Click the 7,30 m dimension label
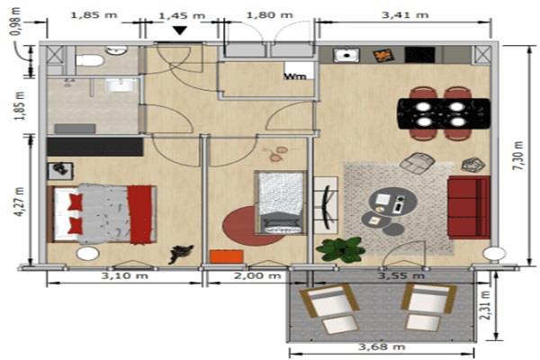pos(519,156)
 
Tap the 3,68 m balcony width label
pos(382,346)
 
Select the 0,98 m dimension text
pos(16,22)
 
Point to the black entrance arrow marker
pos(180,31)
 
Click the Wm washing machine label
pos(295,76)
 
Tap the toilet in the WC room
pos(89,61)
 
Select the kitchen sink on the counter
pos(346,55)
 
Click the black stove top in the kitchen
pos(419,55)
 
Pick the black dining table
pos(444,113)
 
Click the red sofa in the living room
pos(469,207)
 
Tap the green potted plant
pos(340,248)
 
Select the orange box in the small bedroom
pos(227,256)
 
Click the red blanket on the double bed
pos(139,214)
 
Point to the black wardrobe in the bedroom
pos(95,147)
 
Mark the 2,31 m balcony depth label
pos(486,305)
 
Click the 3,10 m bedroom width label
pos(125,276)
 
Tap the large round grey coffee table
pos(393,202)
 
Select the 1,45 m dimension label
pos(182,15)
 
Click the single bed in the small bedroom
pos(281,202)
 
